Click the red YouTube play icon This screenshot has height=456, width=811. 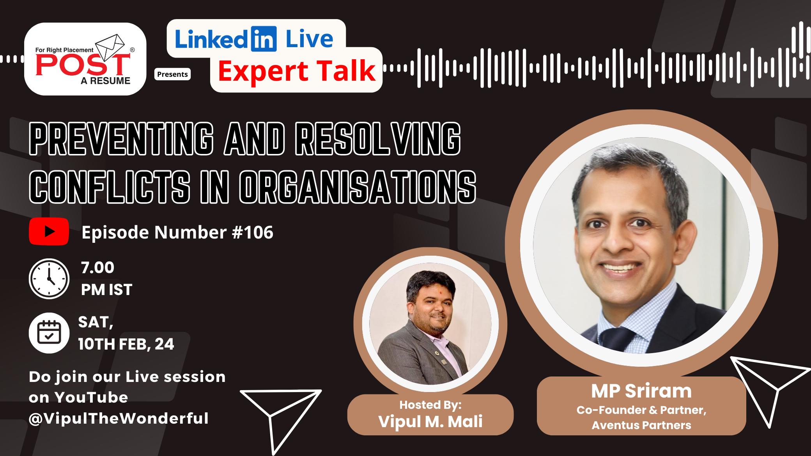tap(49, 232)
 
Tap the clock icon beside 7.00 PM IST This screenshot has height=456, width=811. tap(49, 279)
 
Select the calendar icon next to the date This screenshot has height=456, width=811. tap(49, 333)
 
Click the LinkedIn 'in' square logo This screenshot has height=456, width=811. tap(264, 39)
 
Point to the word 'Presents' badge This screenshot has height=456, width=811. tap(172, 74)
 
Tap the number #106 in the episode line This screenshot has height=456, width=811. tap(253, 232)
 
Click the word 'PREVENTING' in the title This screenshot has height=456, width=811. tap(122, 139)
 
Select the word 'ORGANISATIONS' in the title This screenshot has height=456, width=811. tap(358, 187)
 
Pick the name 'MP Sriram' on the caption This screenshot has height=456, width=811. tap(641, 391)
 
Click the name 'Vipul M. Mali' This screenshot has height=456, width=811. tap(430, 421)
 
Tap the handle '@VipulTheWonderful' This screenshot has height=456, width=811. tap(119, 418)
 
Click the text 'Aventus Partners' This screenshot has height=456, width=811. tap(641, 425)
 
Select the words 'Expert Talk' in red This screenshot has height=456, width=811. tap(297, 71)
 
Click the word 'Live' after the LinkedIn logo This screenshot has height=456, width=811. tap(310, 39)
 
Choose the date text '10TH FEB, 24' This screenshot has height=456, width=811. tap(126, 344)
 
